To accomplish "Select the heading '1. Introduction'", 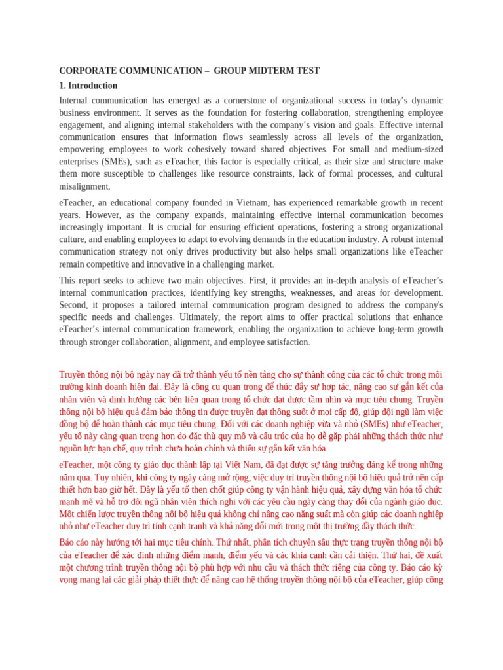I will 88,86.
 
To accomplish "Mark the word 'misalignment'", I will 83,186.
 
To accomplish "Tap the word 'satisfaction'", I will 282,342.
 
